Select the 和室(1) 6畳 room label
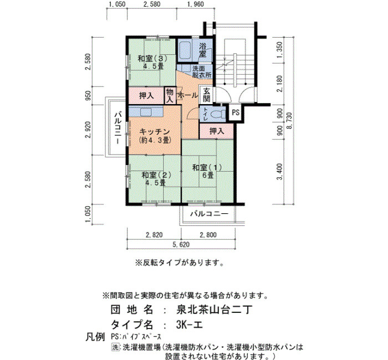pyautogui.click(x=208, y=171)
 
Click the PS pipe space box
pyautogui.click(x=236, y=112)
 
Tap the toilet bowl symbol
pyautogui.click(x=218, y=114)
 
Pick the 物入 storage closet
pyautogui.click(x=170, y=95)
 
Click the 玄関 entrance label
pyautogui.click(x=207, y=95)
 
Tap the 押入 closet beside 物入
pyautogui.click(x=146, y=95)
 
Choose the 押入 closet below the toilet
pyautogui.click(x=217, y=131)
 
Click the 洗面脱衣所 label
pyautogui.click(x=202, y=71)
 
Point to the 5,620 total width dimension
pyautogui.click(x=181, y=244)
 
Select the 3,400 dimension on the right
pyautogui.click(x=279, y=172)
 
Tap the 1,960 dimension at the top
pyautogui.click(x=196, y=4)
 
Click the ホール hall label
pyautogui.click(x=188, y=95)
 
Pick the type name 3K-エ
pyautogui.click(x=190, y=325)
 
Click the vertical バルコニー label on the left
pyautogui.click(x=118, y=127)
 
